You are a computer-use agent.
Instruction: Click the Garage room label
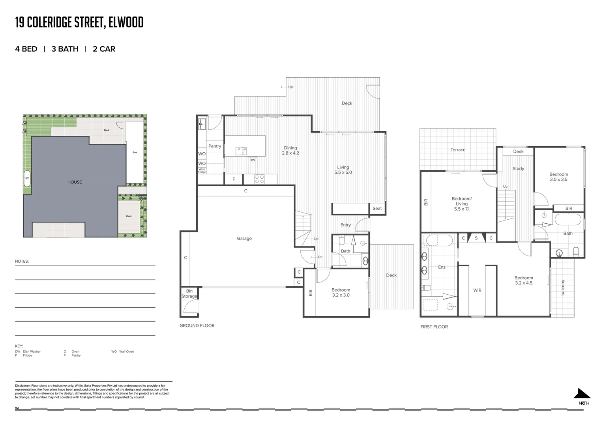click(x=244, y=238)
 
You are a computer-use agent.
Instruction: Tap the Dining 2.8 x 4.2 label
click(x=290, y=150)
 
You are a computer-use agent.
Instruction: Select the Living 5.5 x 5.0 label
click(x=343, y=170)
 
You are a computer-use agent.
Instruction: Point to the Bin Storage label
click(x=189, y=294)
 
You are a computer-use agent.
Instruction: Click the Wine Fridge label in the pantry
click(x=202, y=170)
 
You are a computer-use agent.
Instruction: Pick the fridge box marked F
click(x=234, y=179)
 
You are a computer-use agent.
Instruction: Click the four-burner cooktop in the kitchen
click(x=259, y=179)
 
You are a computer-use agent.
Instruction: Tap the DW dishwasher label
click(x=252, y=160)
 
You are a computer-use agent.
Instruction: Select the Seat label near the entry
click(x=377, y=208)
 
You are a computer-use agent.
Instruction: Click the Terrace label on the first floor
click(x=458, y=150)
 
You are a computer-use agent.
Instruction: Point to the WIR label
click(x=477, y=290)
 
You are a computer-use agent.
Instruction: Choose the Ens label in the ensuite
click(x=442, y=267)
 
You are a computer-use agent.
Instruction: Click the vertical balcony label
click(x=563, y=287)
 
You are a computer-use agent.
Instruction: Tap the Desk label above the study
click(x=518, y=151)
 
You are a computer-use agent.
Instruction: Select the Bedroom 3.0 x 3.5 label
click(x=558, y=177)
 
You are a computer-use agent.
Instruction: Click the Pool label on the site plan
click(x=135, y=152)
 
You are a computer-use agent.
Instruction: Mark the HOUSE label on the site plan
click(x=75, y=182)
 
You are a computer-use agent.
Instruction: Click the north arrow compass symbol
click(x=582, y=394)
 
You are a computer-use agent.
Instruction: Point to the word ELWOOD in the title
click(x=126, y=22)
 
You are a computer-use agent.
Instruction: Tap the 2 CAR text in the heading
click(x=104, y=49)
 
